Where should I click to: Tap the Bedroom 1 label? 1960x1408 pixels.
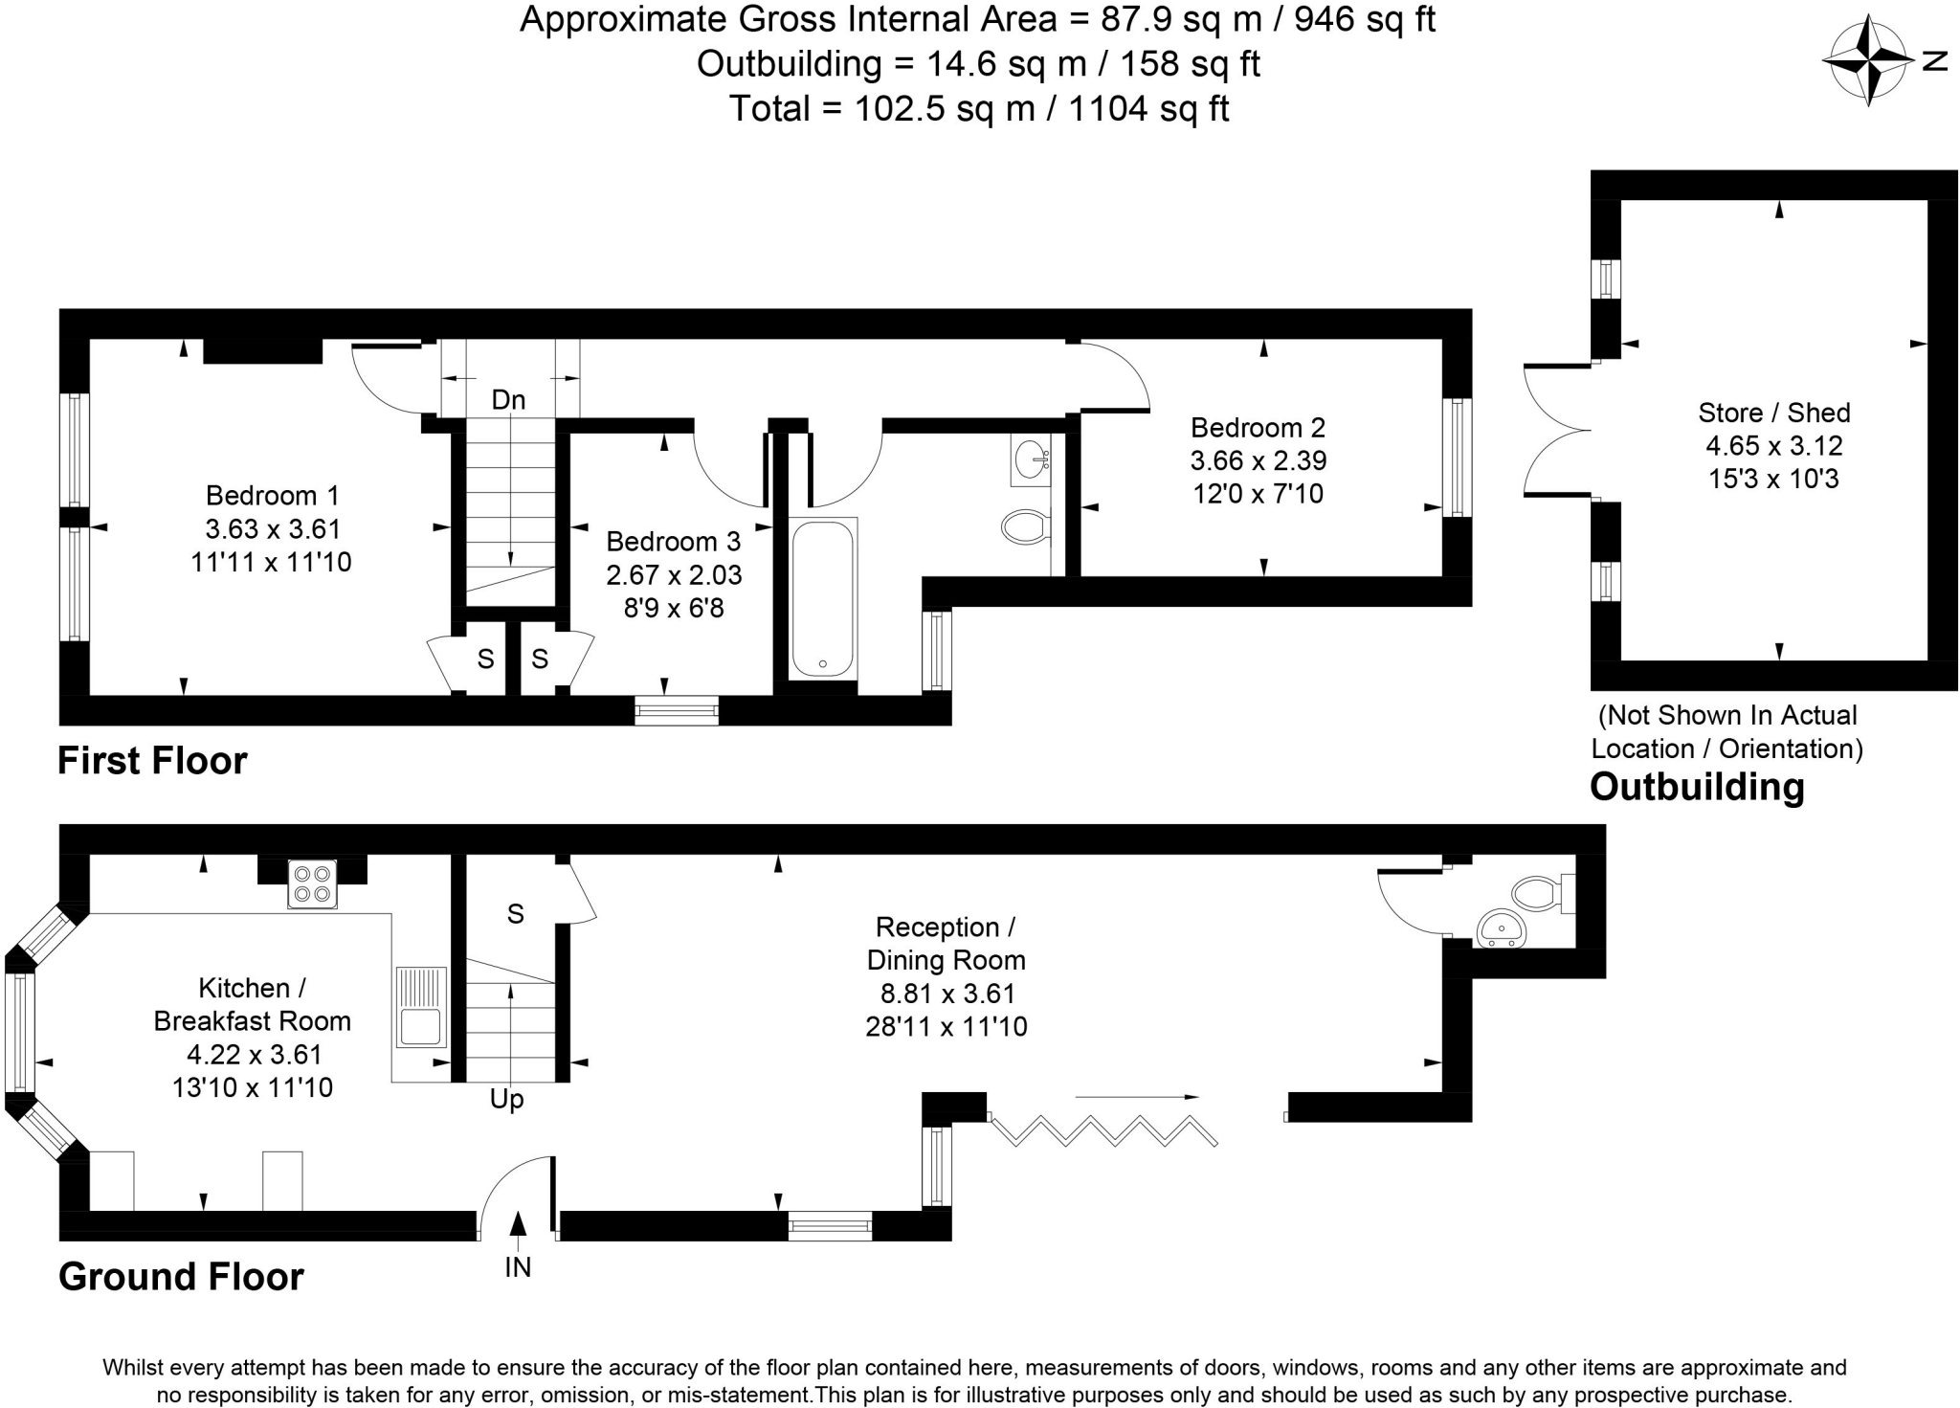click(x=273, y=496)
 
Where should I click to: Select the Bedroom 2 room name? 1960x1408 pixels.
click(x=1258, y=428)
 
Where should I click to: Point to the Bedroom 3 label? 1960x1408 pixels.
click(x=674, y=542)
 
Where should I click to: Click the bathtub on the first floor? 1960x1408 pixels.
click(x=823, y=598)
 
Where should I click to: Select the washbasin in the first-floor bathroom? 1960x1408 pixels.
click(x=1031, y=459)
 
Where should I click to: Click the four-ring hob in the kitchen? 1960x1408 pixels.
click(x=313, y=883)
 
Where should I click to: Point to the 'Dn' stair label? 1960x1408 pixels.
click(x=509, y=400)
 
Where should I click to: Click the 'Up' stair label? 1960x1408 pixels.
click(x=507, y=1100)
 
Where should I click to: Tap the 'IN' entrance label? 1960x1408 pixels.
click(x=518, y=1267)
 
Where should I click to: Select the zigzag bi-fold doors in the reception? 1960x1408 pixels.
click(x=1103, y=1130)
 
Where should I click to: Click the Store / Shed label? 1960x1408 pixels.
click(x=1774, y=413)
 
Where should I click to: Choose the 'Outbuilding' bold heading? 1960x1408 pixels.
click(x=1697, y=787)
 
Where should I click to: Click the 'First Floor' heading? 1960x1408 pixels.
click(x=152, y=761)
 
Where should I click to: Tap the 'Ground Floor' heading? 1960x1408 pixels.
click(x=181, y=1277)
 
